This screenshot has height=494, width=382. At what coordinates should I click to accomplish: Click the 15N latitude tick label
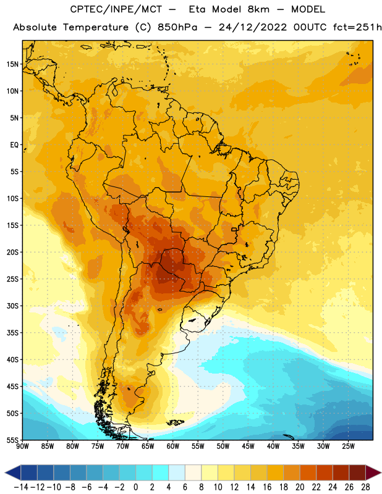coord(12,64)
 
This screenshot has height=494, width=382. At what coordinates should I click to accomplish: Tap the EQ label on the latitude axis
coord(14,145)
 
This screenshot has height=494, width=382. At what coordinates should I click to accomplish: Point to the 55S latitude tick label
coord(12,440)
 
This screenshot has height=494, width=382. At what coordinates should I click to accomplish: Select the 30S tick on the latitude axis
coord(12,306)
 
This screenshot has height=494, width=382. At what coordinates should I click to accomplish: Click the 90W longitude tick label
coord(22,446)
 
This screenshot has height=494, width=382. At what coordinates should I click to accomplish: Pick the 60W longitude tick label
coord(173,446)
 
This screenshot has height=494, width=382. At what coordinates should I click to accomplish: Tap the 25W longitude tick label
coord(348,446)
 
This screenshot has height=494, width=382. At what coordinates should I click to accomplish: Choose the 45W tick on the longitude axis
coord(248,446)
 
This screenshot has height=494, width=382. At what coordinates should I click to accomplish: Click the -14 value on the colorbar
coord(21,487)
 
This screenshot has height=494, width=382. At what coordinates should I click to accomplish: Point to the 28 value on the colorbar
coord(365,487)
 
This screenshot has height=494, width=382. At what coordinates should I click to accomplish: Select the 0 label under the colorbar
coord(136,487)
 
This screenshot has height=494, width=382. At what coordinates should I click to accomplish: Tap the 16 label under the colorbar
coord(267,487)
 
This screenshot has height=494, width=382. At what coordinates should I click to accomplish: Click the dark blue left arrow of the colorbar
coord(13,472)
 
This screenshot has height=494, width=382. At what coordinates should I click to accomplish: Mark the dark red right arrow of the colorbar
coord(373,472)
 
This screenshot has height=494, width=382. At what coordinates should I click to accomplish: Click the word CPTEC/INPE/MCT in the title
coord(116,9)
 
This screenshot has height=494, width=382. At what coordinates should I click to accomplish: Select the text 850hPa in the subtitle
coord(177,27)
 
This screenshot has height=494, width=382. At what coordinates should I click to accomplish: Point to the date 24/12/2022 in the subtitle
coord(253,27)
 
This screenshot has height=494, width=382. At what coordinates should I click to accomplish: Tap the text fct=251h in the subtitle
coord(357,27)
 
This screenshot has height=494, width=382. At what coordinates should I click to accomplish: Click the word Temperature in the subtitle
coord(96,28)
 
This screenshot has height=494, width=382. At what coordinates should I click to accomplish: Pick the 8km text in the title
coord(258,9)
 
